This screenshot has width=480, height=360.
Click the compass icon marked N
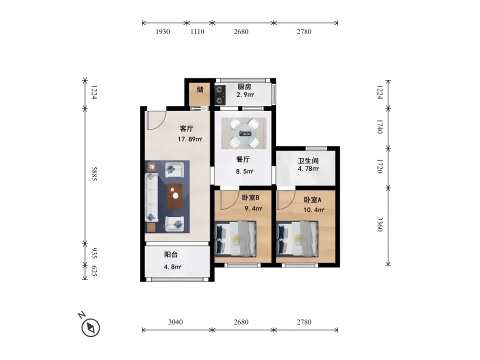pos(90,327)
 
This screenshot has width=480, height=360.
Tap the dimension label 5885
pos(94,173)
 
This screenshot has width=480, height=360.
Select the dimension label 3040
pos(175,321)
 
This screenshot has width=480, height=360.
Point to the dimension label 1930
pos(162,31)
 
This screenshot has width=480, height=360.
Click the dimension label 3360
pos(379,224)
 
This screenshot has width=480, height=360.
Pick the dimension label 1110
pos(197,31)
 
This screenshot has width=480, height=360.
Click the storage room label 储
pos(200,89)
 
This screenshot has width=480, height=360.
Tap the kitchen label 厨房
pos(244,87)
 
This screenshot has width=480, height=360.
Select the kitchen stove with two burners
pos(220,95)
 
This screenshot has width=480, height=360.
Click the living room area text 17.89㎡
pos(190,139)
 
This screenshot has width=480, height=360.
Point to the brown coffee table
pos(175,196)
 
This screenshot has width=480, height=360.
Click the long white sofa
pos(151,197)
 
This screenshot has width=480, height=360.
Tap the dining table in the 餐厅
pos(244,133)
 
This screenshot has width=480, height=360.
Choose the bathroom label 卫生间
pos(308,160)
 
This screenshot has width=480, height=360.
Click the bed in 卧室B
pos(235,239)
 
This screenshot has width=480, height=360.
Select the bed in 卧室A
pos(297,239)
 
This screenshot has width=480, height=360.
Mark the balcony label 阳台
pos(171,254)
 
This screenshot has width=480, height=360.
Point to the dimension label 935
pos(94,253)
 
